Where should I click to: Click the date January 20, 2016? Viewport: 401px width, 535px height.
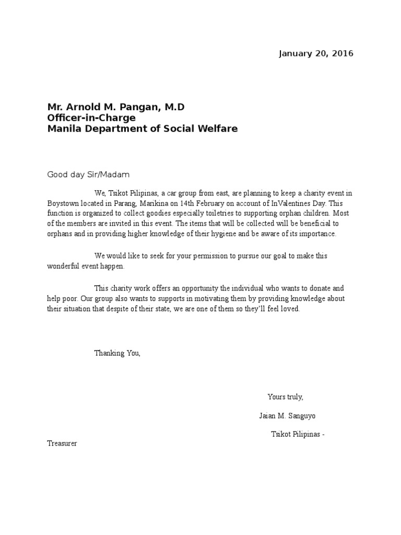click(316, 53)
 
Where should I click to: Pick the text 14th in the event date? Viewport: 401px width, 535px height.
click(193, 203)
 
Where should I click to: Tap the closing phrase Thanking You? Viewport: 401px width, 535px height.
click(117, 353)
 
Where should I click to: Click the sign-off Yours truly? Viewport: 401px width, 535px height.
click(285, 397)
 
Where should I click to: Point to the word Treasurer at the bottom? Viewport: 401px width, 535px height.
click(62, 444)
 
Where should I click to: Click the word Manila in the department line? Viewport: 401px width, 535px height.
click(62, 128)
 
